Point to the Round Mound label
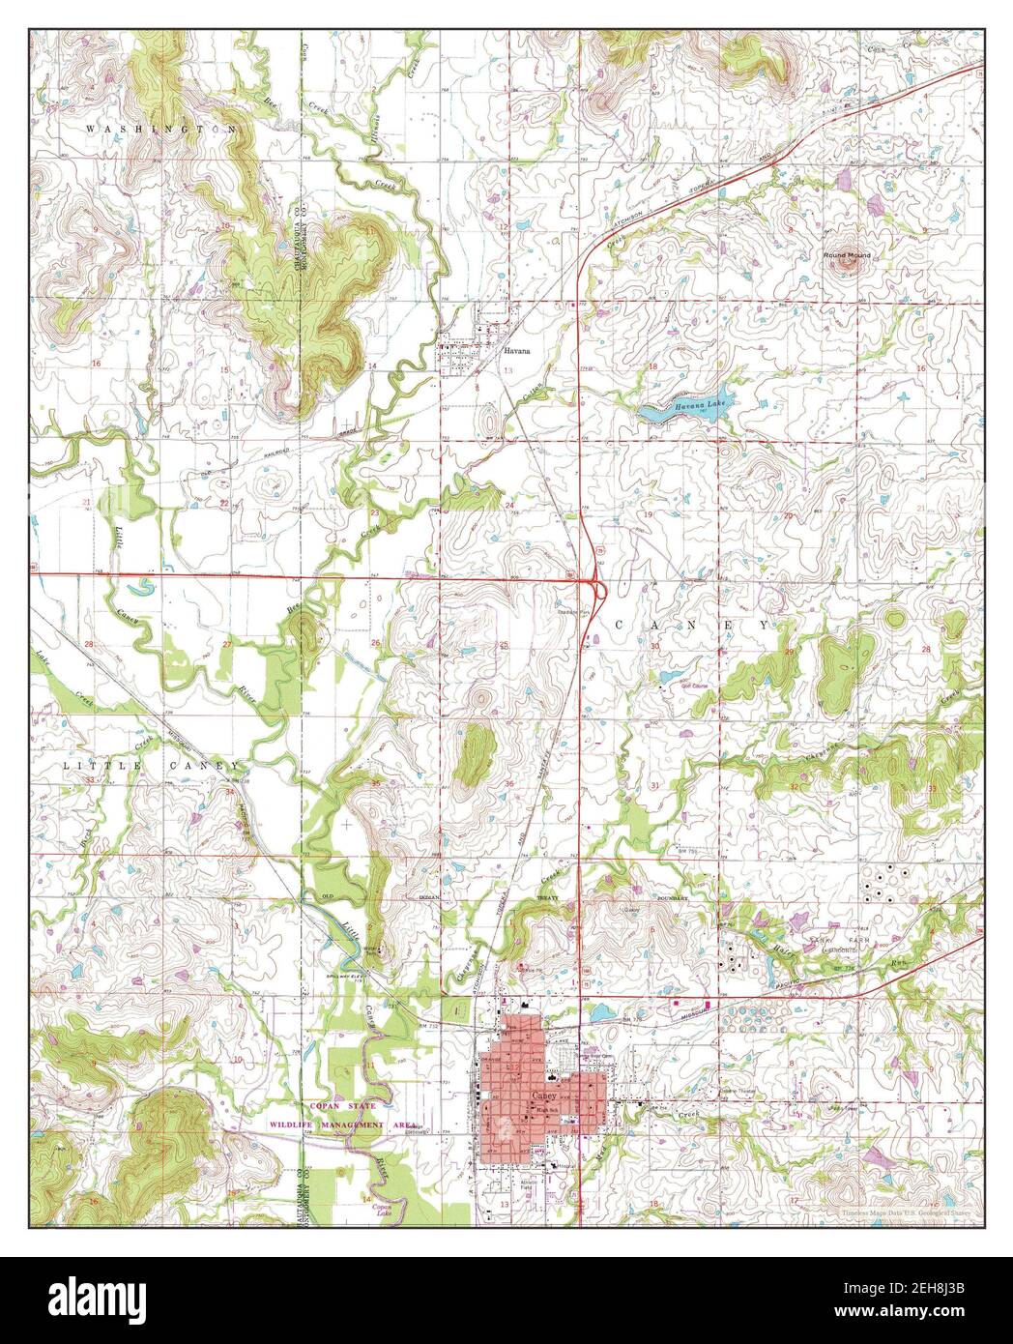click(x=847, y=255)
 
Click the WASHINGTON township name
click(x=161, y=128)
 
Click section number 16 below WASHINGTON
click(x=96, y=363)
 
